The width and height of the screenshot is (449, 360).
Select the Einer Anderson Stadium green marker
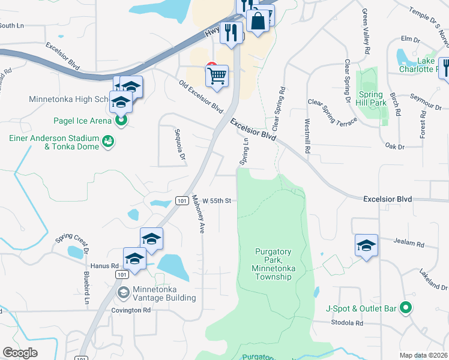click(x=109, y=142)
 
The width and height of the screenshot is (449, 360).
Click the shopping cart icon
click(x=217, y=76)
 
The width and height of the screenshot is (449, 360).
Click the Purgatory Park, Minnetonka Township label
click(x=273, y=264)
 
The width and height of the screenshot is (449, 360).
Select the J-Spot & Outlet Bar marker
click(x=406, y=308)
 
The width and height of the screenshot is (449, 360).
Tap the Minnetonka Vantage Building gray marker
click(x=124, y=293)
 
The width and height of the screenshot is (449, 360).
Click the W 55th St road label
click(x=217, y=200)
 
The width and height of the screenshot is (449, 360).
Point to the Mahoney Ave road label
click(x=198, y=214)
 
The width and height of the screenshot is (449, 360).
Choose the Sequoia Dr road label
click(x=178, y=144)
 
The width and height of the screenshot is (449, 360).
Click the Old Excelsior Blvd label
click(x=201, y=95)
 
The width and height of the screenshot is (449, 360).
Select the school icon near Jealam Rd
click(x=366, y=245)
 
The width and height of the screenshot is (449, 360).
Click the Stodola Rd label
click(x=347, y=323)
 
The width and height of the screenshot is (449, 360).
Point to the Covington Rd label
click(x=131, y=310)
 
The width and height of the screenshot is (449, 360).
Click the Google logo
click(x=20, y=353)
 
